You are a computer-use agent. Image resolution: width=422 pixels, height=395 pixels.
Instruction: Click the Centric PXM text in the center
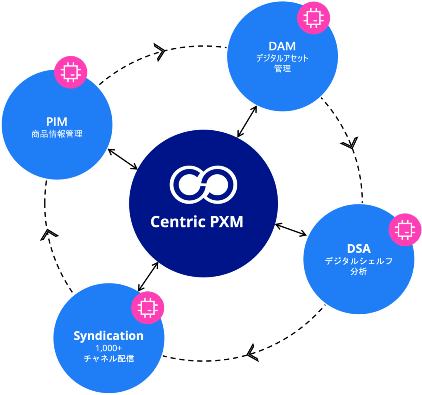pyautogui.click(x=197, y=222)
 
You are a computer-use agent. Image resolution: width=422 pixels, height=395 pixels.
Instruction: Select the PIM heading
pyautogui.click(x=56, y=122)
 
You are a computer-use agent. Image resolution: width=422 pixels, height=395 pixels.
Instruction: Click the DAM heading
pyautogui.click(x=282, y=46)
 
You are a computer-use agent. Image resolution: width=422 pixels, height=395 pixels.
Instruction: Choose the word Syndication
pyautogui.click(x=108, y=336)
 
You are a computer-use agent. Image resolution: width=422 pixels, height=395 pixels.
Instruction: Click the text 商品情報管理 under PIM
pyautogui.click(x=56, y=134)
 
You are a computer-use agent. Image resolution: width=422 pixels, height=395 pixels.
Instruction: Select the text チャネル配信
pyautogui.click(x=108, y=359)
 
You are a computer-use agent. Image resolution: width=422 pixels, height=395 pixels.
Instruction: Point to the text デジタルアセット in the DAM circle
pyautogui.click(x=282, y=58)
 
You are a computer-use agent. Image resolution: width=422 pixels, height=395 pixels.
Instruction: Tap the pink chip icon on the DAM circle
pyautogui.click(x=314, y=17)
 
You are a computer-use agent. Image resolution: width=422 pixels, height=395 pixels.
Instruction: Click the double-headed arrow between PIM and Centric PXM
pyautogui.click(x=123, y=159)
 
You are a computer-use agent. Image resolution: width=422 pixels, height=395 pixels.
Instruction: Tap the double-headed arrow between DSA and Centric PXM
pyautogui.click(x=291, y=230)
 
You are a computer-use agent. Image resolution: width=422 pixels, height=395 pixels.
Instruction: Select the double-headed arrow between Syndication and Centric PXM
pyautogui.click(x=148, y=276)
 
